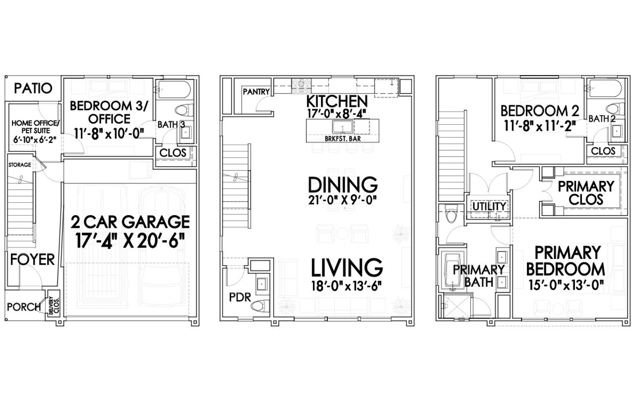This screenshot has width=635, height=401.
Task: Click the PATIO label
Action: (33, 88)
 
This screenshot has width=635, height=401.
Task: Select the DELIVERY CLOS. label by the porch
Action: (52, 306)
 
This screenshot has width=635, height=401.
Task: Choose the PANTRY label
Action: (256, 92)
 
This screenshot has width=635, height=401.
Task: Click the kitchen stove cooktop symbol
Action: (301, 86)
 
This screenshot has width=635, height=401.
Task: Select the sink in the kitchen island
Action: (342, 127)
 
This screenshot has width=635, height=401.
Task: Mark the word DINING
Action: (343, 184)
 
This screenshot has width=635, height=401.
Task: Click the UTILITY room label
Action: (489, 206)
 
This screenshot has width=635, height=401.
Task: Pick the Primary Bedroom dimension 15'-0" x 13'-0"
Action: (566, 286)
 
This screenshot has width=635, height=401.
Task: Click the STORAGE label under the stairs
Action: (19, 164)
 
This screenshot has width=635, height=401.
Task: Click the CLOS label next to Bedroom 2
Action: (603, 151)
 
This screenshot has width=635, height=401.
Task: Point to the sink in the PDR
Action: (261, 284)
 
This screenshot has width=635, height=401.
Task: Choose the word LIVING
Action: (347, 267)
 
